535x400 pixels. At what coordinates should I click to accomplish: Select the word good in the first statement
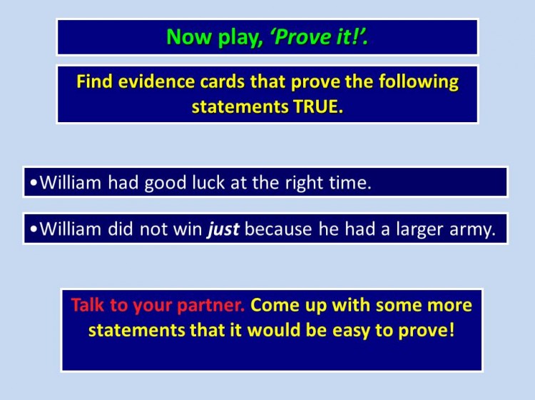[165, 182]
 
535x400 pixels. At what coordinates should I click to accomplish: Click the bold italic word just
[223, 230]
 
